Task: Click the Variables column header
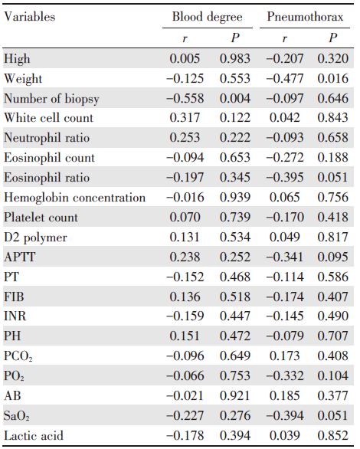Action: (29, 17)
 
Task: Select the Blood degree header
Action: (207, 17)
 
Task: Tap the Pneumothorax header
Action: (305, 17)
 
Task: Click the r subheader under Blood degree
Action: (185, 38)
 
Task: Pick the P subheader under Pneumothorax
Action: (333, 38)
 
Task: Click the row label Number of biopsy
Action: (51, 99)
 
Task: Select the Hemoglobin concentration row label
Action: (75, 198)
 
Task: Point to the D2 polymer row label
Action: (35, 238)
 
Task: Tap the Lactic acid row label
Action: (33, 435)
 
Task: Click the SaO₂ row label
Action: (17, 416)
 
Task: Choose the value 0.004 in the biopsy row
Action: (235, 99)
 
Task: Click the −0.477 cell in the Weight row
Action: (285, 78)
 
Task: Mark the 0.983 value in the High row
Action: (235, 59)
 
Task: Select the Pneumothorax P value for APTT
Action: (333, 257)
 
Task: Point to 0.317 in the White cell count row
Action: (185, 118)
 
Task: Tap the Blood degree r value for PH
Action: (185, 336)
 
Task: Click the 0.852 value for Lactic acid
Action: (333, 435)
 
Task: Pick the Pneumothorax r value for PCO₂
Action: (285, 356)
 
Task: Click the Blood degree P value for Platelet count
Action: (235, 218)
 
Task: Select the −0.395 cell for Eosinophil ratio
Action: (285, 178)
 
